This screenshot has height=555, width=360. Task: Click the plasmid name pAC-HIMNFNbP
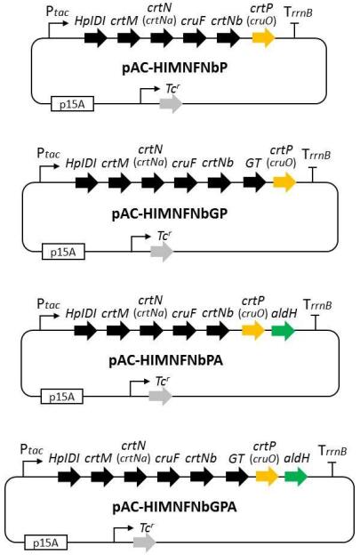[175, 68]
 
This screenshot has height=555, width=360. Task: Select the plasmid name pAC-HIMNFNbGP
[170, 213]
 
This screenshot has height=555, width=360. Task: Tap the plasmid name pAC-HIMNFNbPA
[166, 361]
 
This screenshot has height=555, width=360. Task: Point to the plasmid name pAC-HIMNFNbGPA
[175, 507]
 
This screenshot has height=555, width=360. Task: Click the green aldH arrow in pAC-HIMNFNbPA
[284, 331]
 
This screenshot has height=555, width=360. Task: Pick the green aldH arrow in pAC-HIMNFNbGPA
[296, 477]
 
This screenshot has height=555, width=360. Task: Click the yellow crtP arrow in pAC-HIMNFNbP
[264, 37]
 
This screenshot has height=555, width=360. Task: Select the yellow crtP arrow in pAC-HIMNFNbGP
[284, 182]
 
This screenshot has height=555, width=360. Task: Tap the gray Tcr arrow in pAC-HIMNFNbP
[172, 104]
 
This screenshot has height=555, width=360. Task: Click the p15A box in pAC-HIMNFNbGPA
[46, 543]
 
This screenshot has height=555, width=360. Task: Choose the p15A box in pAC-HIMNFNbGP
[63, 251]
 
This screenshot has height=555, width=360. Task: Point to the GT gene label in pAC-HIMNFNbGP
[253, 164]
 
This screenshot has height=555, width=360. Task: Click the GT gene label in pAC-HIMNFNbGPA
[236, 459]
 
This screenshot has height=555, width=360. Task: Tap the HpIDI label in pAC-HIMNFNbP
[90, 21]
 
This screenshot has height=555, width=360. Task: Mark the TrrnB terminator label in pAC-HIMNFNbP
[299, 12]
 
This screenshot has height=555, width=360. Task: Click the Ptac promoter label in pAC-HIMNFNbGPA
[31, 449]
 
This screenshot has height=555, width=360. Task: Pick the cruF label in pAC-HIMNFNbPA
[184, 314]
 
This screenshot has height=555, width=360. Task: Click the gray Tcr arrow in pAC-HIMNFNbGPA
[145, 543]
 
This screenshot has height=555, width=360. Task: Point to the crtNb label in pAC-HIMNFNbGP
[218, 163]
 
